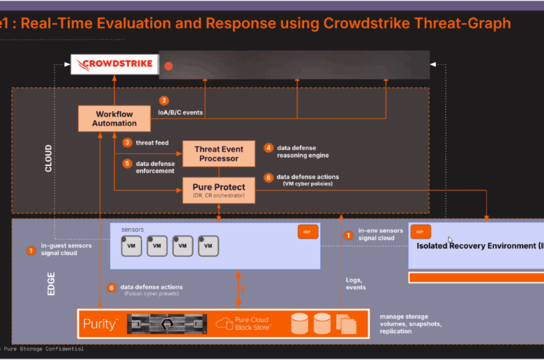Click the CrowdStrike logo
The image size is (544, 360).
coord(114,66)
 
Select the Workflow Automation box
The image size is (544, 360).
coord(116,117)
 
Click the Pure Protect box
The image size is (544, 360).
coord(218,190)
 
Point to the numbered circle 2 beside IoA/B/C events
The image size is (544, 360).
coord(164,101)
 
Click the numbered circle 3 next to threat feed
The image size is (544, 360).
coord(127,142)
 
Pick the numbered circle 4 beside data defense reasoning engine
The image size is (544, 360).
coord(269,148)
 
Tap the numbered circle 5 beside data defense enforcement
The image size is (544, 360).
coord(127,163)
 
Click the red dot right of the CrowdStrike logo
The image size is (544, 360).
coord(168,66)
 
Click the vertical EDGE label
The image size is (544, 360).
coord(51,283)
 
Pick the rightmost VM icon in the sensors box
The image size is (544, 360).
coord(208,246)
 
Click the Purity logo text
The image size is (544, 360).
coord(101,324)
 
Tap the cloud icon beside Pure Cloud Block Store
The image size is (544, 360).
coord(223,323)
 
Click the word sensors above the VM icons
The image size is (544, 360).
coord(133,229)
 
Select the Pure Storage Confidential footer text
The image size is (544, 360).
coord(43,349)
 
